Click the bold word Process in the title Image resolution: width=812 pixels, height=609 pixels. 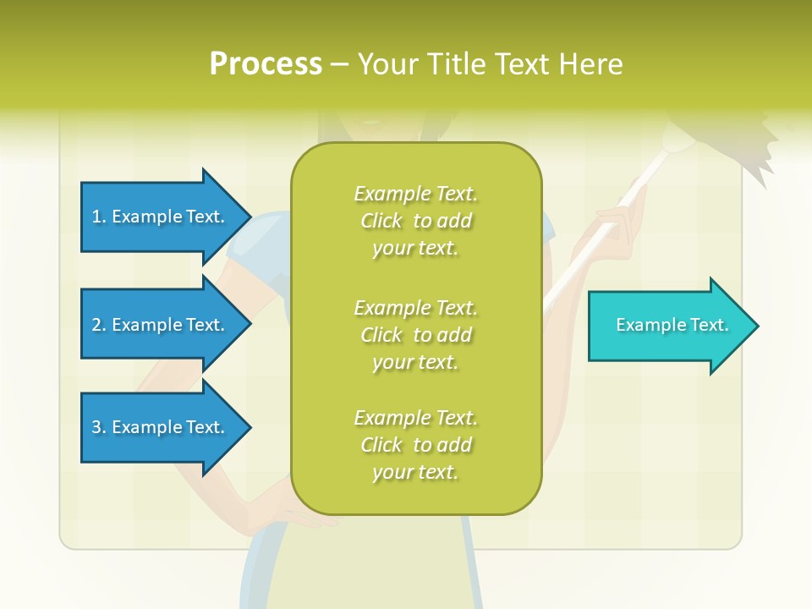(x=266, y=63)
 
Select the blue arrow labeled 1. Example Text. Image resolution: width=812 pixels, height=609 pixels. (x=161, y=217)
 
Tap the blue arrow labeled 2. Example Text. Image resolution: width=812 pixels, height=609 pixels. (x=161, y=325)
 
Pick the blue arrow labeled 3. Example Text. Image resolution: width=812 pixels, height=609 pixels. (x=161, y=427)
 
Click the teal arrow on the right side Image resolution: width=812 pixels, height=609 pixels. (x=668, y=326)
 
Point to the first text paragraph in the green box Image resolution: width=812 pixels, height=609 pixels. (x=415, y=221)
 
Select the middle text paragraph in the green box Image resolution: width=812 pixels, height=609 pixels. (x=415, y=335)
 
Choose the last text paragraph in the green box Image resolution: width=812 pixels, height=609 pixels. (x=415, y=445)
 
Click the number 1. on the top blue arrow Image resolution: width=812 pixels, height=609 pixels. (x=99, y=217)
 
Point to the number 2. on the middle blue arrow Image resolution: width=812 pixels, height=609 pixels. (x=99, y=325)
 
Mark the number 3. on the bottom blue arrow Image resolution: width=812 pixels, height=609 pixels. (x=99, y=427)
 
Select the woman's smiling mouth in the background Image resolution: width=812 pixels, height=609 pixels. (x=372, y=121)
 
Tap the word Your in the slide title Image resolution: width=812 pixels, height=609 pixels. (x=387, y=64)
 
